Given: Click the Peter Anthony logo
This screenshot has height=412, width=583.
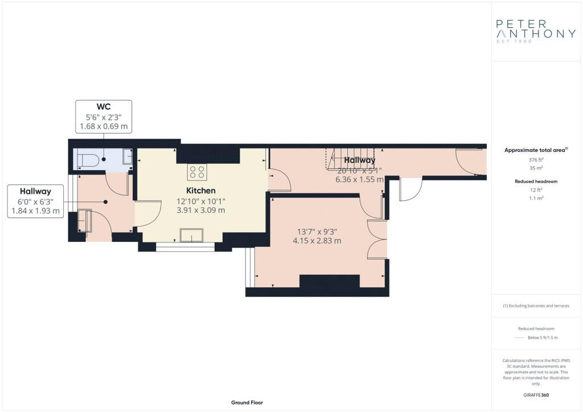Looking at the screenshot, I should pos(536,31).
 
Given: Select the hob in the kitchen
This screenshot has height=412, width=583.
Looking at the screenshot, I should pos(198,172).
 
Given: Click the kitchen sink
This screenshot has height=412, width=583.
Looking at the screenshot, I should pos(192,235).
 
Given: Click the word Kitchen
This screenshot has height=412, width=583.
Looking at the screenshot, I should pos(201,191).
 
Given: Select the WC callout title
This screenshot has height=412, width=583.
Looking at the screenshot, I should pos(104,107).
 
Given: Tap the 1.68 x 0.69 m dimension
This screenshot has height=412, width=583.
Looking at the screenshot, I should pos(104,126).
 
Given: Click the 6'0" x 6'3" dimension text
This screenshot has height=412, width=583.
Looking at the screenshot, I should pos(36,201).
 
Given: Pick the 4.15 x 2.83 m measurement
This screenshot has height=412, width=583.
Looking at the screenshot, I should pos(317,241).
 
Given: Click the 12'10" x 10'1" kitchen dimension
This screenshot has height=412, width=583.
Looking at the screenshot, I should pos(201,201).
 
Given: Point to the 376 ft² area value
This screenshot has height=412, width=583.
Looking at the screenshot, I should pos(536,160).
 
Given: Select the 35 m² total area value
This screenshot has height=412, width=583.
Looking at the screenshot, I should pos(536,168).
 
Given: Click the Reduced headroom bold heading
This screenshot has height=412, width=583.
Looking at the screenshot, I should pos(536,182).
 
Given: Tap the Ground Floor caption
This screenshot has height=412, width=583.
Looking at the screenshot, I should pos(247,402).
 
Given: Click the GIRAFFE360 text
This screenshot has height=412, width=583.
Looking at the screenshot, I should pos(536,395).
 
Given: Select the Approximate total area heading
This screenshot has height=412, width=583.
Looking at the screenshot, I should pos(535,150).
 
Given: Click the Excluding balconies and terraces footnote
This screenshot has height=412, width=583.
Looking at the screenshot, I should pos(536,306).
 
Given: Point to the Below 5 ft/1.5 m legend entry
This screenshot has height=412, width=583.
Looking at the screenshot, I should pos(543,337).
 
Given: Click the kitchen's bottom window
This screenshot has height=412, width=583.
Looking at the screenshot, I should pos(186,247).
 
